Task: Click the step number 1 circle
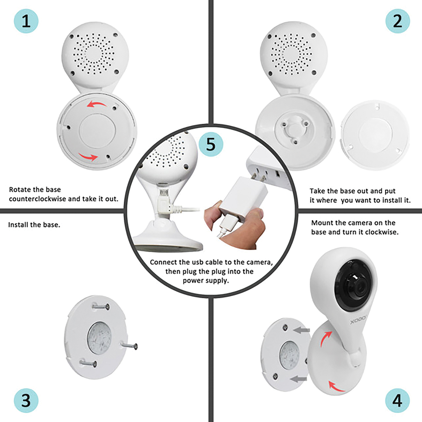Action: pos(26,21)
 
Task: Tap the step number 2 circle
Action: pos(397,21)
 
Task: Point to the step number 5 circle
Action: pos(211,144)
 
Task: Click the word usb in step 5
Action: pos(197,262)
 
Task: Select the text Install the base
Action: pos(34,225)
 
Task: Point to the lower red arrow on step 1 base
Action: pos(88,157)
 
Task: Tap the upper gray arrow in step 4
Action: pos(301,330)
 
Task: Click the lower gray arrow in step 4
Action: pos(298,379)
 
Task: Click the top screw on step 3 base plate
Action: pos(101,307)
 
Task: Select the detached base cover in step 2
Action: pos(375,135)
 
